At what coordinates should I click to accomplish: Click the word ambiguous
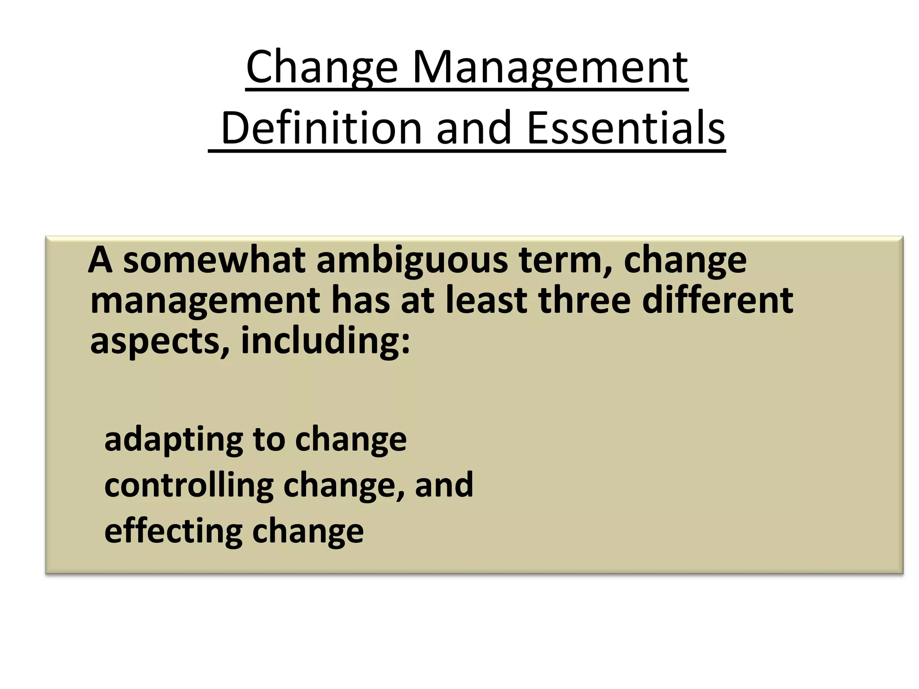pyautogui.click(x=411, y=261)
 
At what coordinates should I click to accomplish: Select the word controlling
pyautogui.click(x=189, y=485)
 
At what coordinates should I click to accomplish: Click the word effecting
pyautogui.click(x=173, y=531)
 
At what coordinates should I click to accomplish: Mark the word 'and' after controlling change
pyautogui.click(x=444, y=485)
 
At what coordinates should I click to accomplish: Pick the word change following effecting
pyautogui.click(x=308, y=532)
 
